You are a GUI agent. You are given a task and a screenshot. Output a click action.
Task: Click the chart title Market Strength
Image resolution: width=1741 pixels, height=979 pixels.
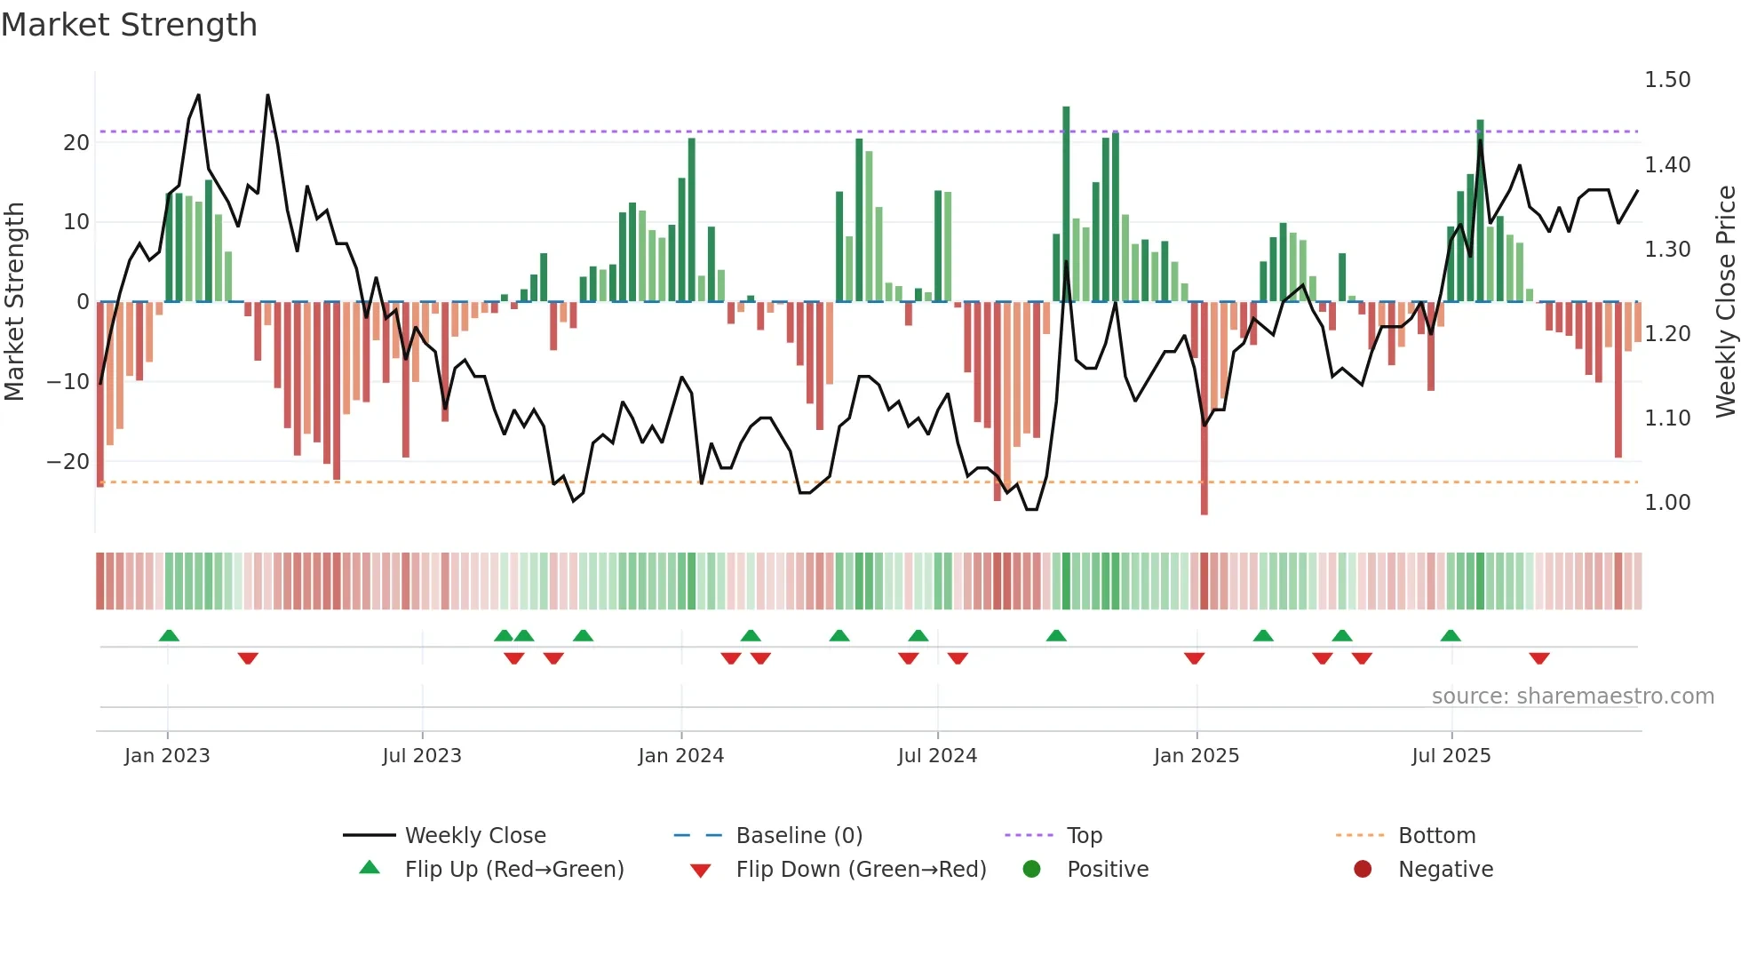[129, 25]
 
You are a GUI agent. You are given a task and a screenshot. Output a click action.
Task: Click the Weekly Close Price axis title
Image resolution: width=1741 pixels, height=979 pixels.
[1725, 301]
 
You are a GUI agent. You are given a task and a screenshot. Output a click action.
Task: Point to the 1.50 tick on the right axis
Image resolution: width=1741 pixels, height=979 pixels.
[1667, 80]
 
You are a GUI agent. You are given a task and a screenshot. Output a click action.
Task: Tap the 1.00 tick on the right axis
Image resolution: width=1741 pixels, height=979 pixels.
[1667, 503]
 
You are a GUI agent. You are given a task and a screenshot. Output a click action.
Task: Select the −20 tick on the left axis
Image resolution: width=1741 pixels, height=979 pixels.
[68, 462]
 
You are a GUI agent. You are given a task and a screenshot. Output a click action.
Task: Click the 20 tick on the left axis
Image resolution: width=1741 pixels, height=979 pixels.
[76, 143]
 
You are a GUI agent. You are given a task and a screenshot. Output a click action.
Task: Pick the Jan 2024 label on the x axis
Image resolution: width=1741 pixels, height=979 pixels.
[680, 756]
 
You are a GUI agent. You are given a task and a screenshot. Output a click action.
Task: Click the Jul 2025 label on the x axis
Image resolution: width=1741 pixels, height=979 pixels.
[1451, 756]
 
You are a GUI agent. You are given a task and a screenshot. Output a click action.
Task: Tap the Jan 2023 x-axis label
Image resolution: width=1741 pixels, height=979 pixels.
[167, 756]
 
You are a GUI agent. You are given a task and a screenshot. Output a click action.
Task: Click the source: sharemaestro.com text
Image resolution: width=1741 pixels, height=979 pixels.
[1572, 696]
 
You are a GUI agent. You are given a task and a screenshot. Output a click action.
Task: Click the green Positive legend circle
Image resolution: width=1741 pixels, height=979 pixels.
[1031, 869]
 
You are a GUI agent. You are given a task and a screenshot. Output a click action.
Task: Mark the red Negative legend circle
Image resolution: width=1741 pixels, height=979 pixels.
[1363, 869]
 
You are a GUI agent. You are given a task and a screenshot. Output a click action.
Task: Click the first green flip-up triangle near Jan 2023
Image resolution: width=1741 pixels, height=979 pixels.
[169, 635]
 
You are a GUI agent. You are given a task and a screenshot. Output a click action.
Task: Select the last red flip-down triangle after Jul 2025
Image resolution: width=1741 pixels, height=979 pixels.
[1539, 658]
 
